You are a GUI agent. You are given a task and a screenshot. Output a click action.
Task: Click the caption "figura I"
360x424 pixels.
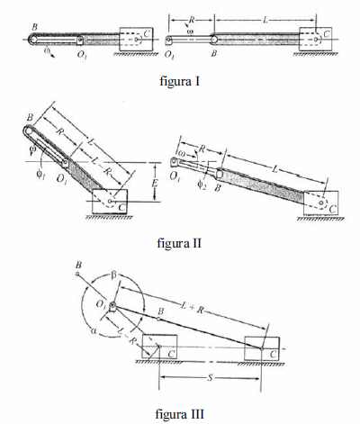click(180, 81)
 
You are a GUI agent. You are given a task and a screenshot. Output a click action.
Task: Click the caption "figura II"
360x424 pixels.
click(179, 243)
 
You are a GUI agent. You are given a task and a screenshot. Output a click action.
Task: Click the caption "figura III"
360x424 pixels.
click(180, 414)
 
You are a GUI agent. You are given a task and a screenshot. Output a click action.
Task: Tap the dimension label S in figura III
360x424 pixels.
click(211, 378)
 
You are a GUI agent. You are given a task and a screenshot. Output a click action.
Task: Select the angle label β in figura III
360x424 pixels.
click(113, 275)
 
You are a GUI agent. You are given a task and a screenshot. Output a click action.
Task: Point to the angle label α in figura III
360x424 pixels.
click(93, 330)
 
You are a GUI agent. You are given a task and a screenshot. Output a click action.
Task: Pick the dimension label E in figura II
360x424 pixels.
click(155, 183)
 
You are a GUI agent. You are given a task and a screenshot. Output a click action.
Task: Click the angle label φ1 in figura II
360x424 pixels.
click(40, 174)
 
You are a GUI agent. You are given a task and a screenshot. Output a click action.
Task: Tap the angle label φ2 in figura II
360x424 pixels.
click(202, 185)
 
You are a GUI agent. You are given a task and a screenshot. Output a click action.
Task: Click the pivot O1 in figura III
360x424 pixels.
click(112, 306)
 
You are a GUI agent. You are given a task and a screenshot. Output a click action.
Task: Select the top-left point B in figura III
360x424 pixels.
click(77, 274)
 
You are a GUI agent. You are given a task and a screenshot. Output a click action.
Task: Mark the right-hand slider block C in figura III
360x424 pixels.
click(262, 348)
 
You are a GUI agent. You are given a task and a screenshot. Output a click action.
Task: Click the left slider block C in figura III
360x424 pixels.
click(159, 347)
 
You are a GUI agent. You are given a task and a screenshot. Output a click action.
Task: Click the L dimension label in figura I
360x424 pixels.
click(265, 20)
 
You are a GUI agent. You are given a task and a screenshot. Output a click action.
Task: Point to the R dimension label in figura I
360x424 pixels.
click(191, 20)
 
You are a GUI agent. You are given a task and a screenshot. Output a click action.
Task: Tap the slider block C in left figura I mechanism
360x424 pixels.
click(137, 40)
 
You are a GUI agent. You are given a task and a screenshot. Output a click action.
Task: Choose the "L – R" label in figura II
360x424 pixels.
click(100, 167)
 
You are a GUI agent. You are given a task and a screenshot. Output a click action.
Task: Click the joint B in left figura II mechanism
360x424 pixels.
click(28, 131)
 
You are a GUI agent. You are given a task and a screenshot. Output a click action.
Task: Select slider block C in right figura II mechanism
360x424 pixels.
click(320, 203)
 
